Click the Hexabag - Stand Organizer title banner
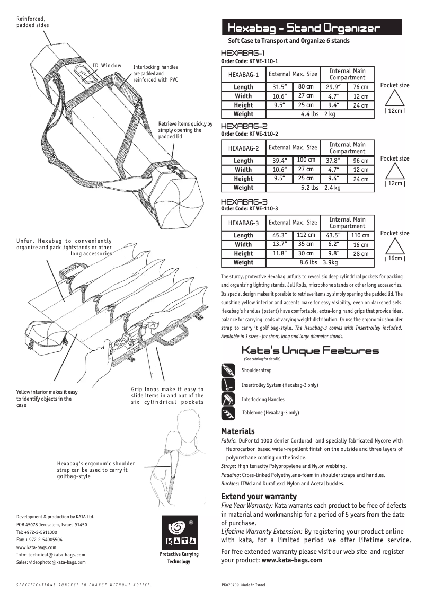coord(312,28)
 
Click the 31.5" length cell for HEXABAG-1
coord(279,87)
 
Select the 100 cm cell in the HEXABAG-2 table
coord(306,160)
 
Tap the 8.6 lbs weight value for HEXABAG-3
coord(308,262)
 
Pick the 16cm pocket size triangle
coord(394,246)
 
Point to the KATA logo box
coord(179,533)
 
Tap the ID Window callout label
coord(107,65)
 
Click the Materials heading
coord(237,431)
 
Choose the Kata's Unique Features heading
coord(310,351)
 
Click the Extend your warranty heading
coord(259,497)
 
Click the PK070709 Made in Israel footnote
coord(243,585)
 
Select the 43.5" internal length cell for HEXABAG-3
coord(333,235)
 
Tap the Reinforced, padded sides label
coord(31,22)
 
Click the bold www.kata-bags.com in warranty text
coord(291,560)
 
